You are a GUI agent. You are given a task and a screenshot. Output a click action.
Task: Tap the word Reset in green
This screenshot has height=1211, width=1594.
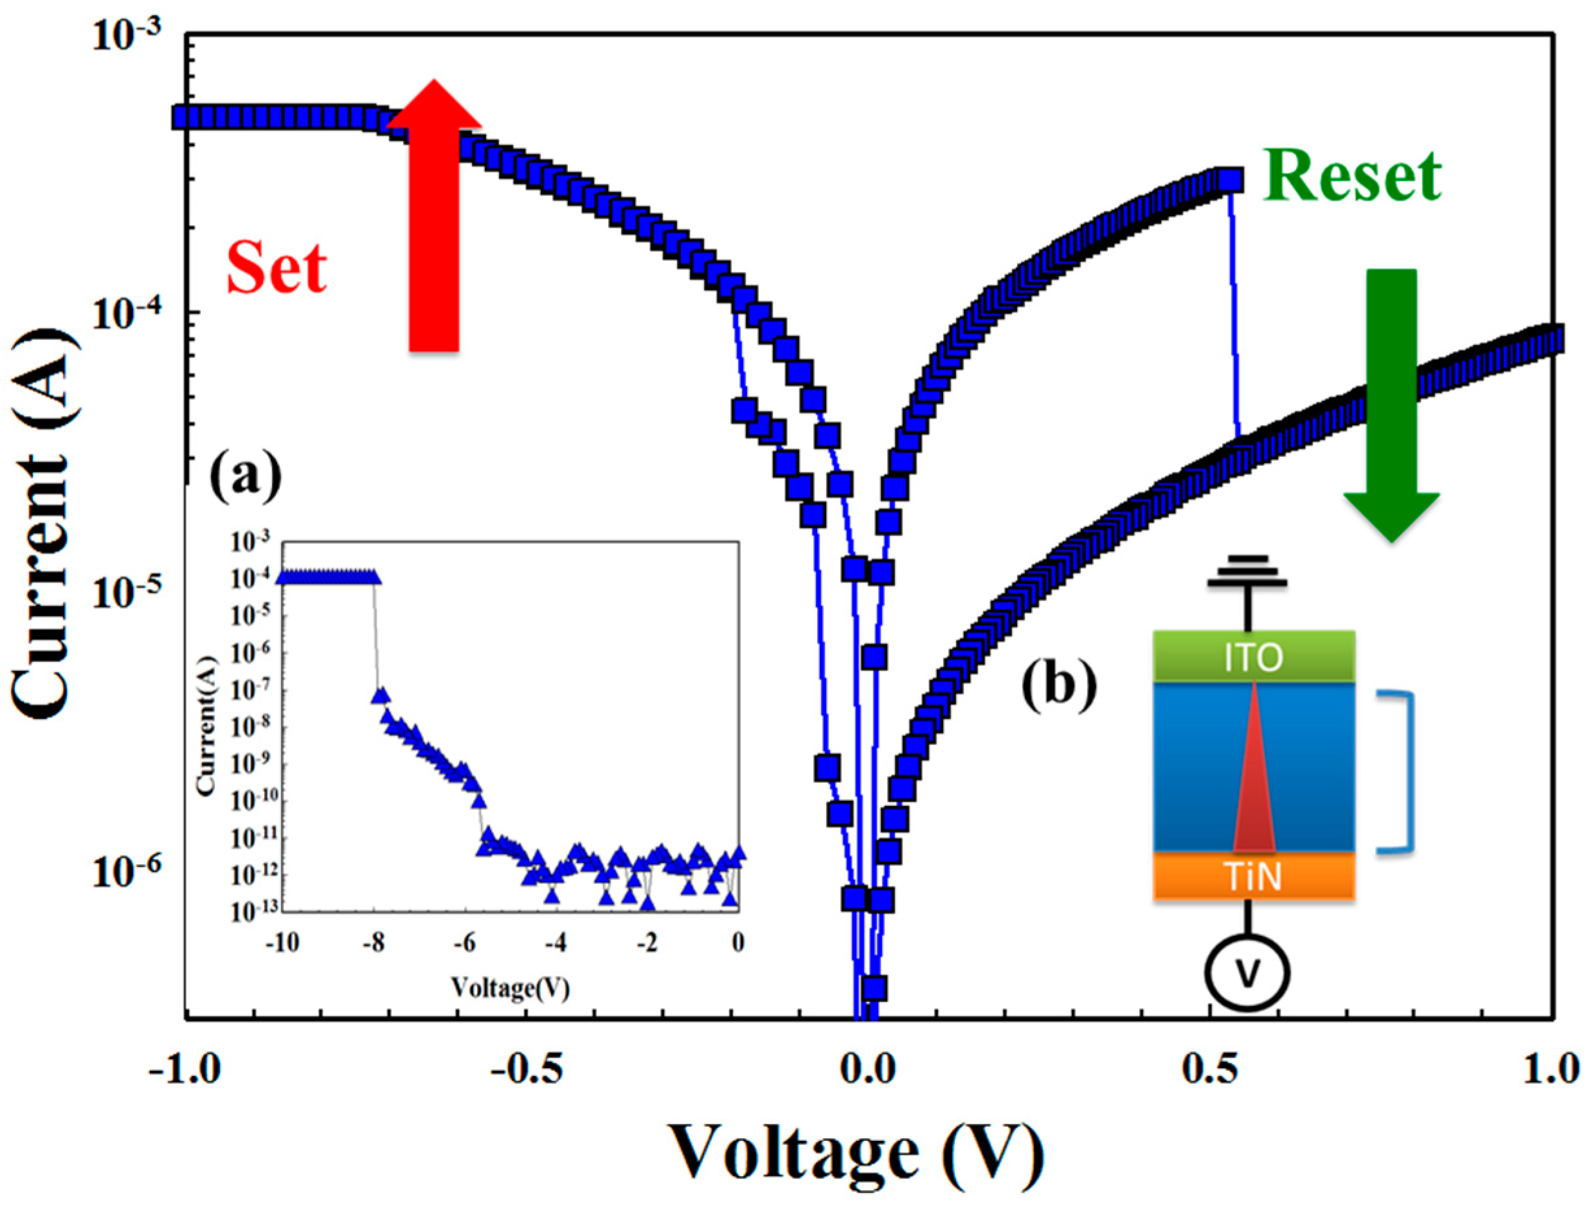tap(1352, 177)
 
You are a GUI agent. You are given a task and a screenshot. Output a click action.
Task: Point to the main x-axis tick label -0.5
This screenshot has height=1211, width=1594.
tap(526, 1071)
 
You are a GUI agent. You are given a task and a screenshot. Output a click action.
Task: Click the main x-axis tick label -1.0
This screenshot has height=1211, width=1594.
tap(184, 1071)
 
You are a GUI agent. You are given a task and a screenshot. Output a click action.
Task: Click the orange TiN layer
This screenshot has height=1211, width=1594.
tap(1254, 877)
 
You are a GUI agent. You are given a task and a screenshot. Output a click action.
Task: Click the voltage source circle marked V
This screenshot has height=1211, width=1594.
tap(1249, 973)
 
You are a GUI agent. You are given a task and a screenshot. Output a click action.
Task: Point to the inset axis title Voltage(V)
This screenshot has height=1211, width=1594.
tap(510, 988)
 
